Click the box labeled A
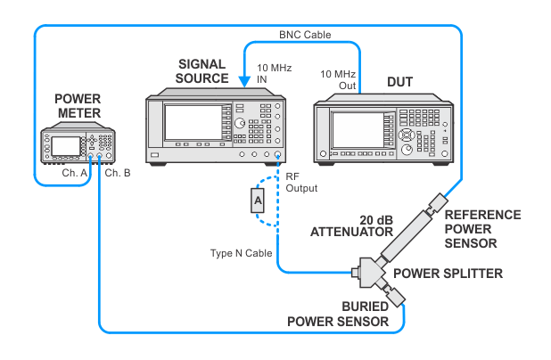pos(258,200)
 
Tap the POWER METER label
pos(78,106)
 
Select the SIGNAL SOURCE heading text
pos(202,71)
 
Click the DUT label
pos(399,82)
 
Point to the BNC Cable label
pos(305,35)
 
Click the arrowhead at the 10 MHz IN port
pos(244,82)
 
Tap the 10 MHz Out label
pos(338,79)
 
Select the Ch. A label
pos(75,173)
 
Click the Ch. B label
pos(118,173)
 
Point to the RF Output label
pos(301,183)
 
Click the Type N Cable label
pos(241,253)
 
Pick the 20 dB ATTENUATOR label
pos(352,226)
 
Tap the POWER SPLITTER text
pos(448,274)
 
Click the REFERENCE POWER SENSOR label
pos(483,229)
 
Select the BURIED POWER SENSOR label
pos(338,314)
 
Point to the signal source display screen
pos(193,122)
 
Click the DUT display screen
pos(358,130)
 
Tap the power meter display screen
pos(66,146)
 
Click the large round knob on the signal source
pos(240,123)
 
